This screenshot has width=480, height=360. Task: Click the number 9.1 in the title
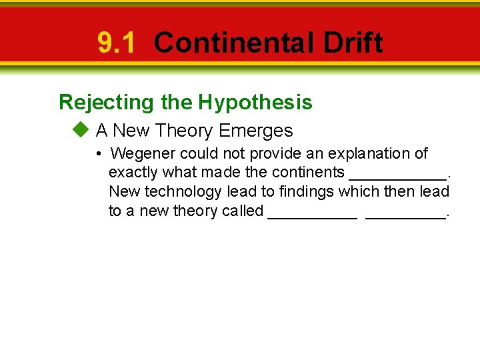pyautogui.click(x=116, y=43)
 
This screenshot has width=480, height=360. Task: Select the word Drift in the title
pyautogui.click(x=353, y=43)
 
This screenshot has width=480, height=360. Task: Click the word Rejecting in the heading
pyautogui.click(x=106, y=102)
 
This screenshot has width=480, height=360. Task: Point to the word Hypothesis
pyautogui.click(x=255, y=102)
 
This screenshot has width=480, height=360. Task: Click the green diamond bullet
pyautogui.click(x=81, y=130)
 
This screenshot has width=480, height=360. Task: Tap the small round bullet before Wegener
pyautogui.click(x=98, y=154)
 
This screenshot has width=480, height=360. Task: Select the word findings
pyautogui.click(x=306, y=192)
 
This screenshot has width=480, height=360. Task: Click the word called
pyautogui.click(x=243, y=211)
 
